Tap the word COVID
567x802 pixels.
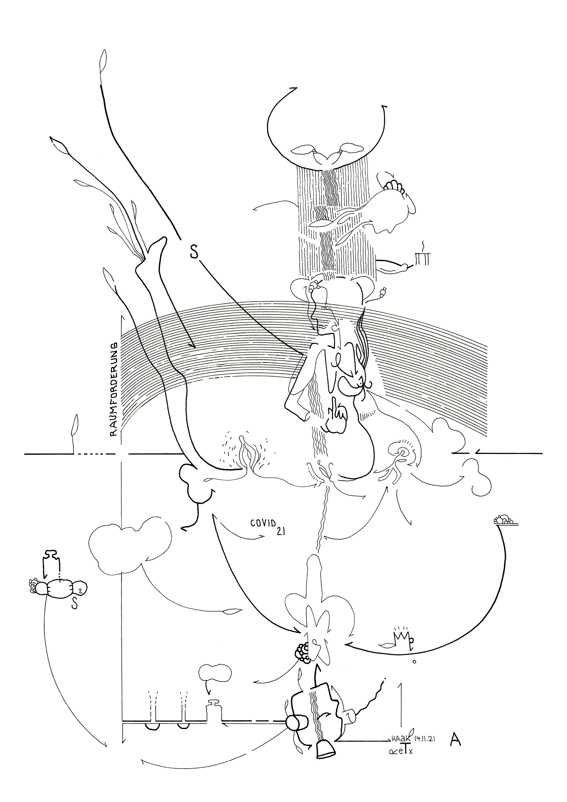264,523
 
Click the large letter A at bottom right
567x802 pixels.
455,739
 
